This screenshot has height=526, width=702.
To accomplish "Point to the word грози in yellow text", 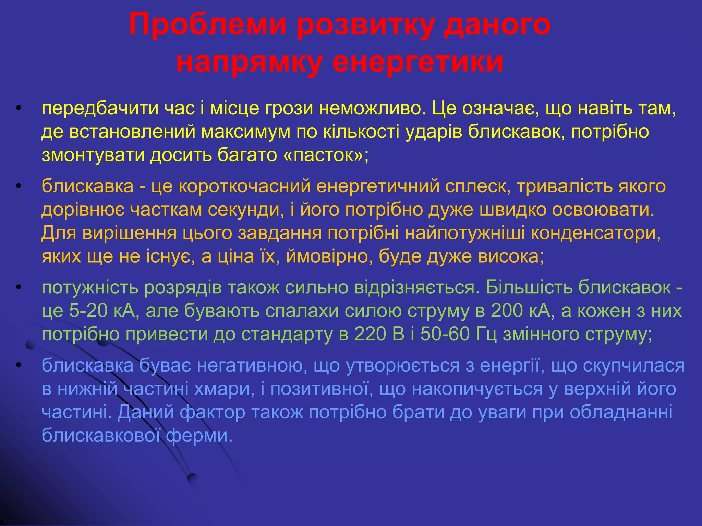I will [x=289, y=109].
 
